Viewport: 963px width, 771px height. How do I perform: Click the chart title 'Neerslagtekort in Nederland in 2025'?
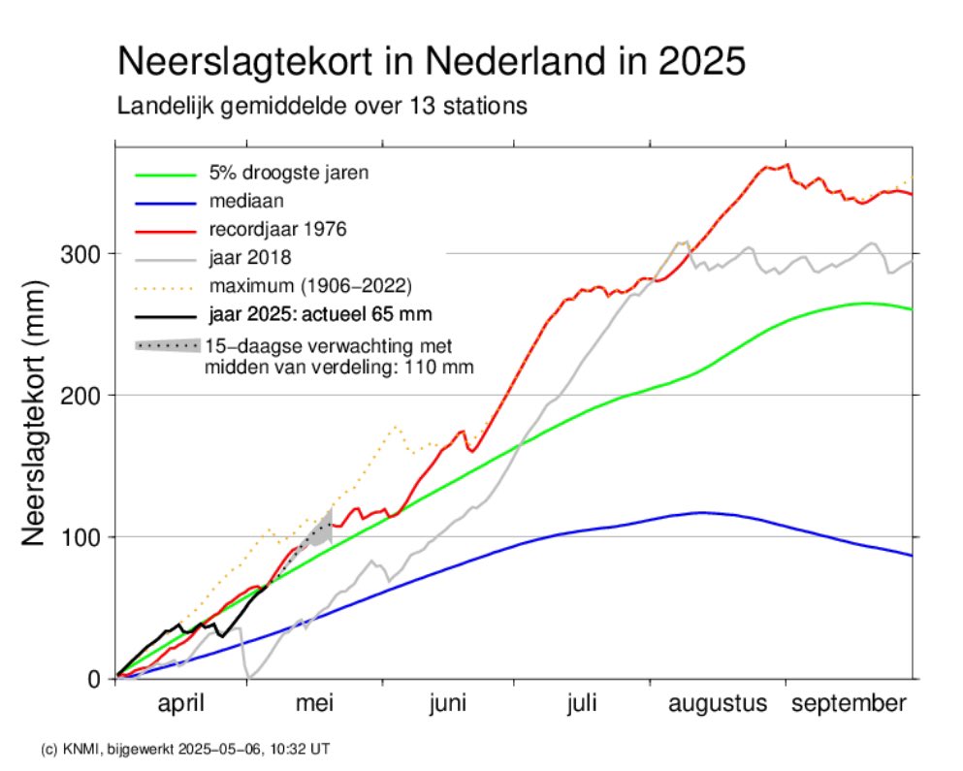(x=431, y=62)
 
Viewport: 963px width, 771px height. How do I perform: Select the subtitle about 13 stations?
(x=322, y=106)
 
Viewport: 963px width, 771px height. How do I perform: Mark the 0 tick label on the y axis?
(x=94, y=679)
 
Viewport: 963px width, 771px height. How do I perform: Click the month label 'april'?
(x=181, y=704)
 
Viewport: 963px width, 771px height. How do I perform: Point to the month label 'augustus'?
(x=718, y=704)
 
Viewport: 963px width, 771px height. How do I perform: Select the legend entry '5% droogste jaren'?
(x=289, y=174)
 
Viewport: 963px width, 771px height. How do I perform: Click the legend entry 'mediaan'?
(x=241, y=203)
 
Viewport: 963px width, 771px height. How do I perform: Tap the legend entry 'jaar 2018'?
(x=250, y=259)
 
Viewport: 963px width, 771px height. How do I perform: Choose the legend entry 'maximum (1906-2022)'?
(x=310, y=286)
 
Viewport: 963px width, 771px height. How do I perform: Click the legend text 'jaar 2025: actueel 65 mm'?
(x=320, y=314)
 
